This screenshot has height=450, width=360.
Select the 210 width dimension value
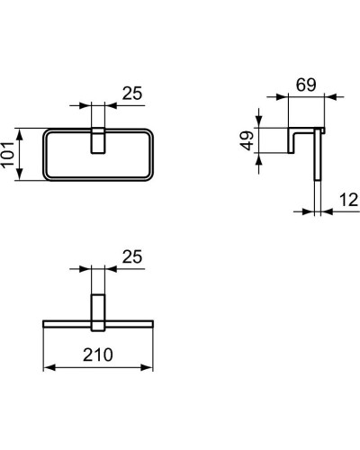click(99, 355)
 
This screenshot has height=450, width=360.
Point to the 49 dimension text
click(244, 141)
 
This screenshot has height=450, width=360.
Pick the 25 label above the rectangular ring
click(131, 92)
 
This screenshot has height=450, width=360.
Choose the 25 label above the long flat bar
click(131, 257)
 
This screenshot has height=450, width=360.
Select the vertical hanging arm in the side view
click(317, 171)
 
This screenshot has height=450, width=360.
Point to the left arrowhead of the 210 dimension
click(48, 368)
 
